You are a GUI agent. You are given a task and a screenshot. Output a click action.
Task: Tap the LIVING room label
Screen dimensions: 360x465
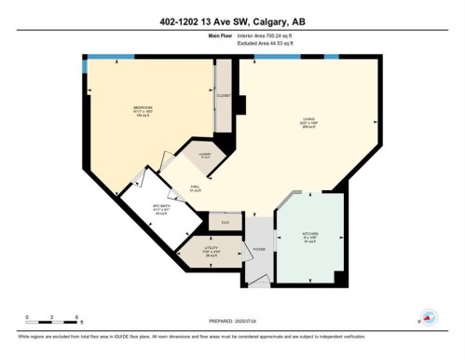point(308,119)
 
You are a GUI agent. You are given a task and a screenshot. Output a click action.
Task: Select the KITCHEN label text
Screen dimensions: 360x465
point(310,233)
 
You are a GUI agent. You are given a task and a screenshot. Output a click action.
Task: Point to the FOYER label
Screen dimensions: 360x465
point(257,250)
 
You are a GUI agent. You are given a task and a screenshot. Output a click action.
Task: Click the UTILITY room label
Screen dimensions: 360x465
point(210,247)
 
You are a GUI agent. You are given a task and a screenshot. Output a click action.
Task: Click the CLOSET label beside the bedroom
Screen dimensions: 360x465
point(224,95)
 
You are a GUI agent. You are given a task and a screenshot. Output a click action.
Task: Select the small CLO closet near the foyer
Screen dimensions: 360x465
point(226,222)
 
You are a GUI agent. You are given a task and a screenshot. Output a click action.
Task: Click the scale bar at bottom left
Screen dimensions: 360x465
point(51,323)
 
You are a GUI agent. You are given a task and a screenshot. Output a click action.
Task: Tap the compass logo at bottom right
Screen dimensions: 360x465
point(430,317)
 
